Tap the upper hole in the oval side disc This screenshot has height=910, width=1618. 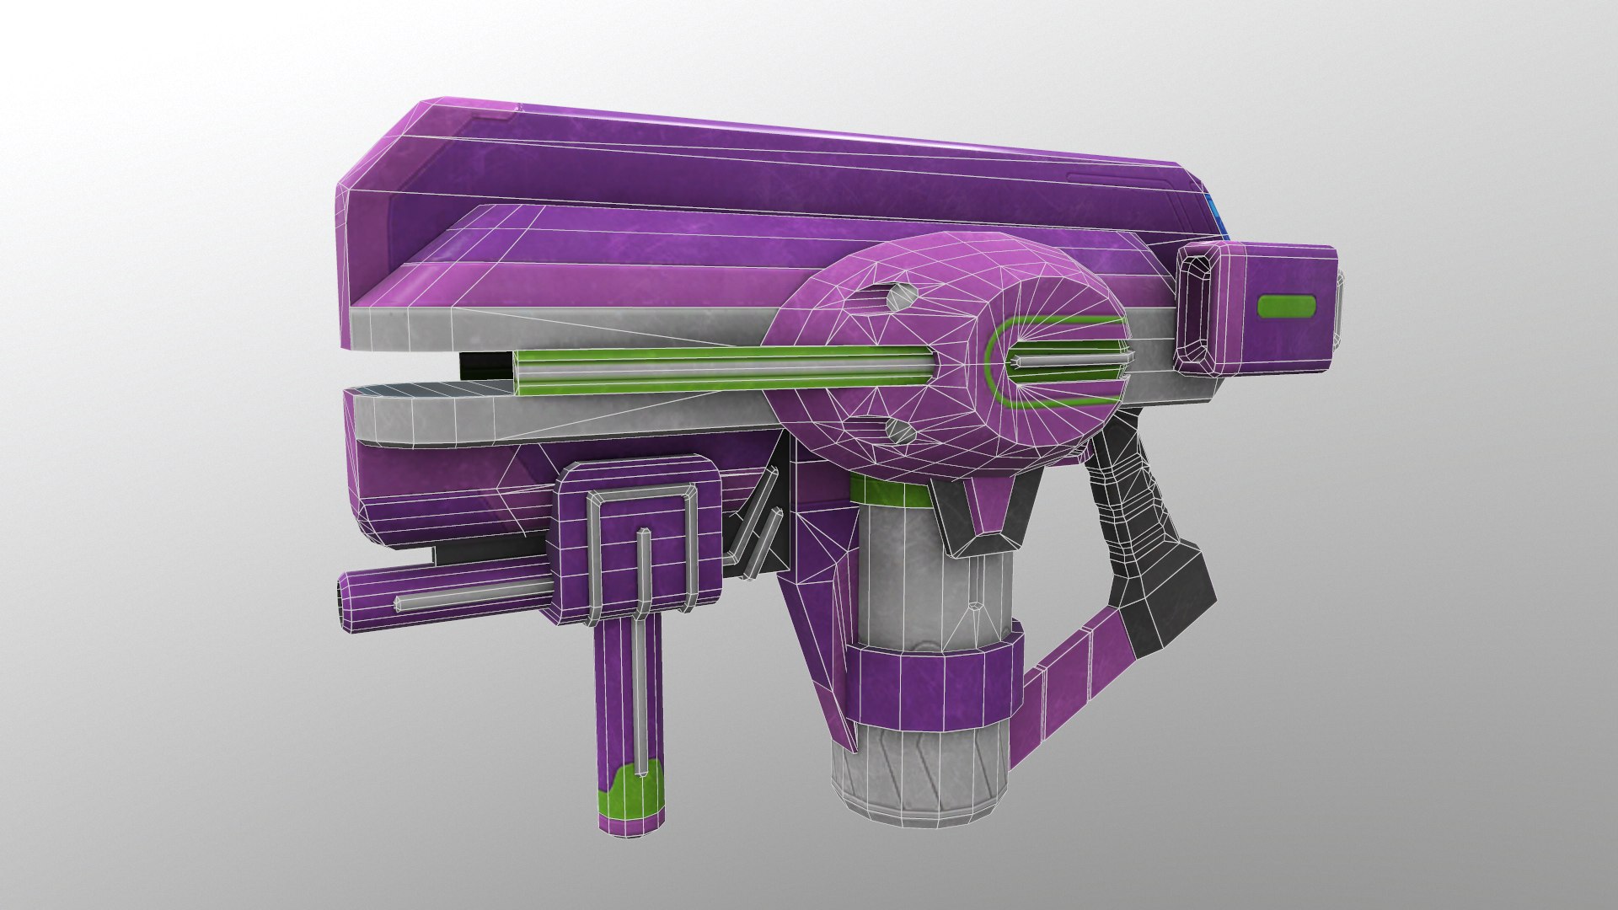[x=899, y=297]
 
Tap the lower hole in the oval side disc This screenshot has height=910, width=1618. [x=901, y=432]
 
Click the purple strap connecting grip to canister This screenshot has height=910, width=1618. [x=1070, y=682]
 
